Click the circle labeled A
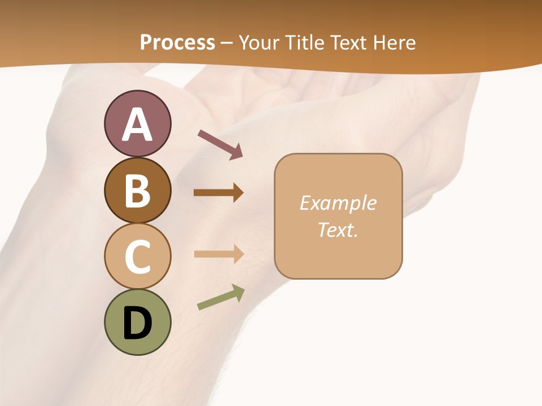click(x=137, y=123)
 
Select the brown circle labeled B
click(x=137, y=190)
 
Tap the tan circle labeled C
click(x=137, y=256)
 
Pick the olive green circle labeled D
click(x=137, y=322)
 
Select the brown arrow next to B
click(x=218, y=193)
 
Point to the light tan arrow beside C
click(x=218, y=254)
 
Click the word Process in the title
click(x=177, y=42)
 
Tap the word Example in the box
click(x=338, y=203)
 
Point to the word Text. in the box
click(x=338, y=230)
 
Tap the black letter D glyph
click(x=137, y=323)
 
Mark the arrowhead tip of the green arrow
click(x=242, y=289)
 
